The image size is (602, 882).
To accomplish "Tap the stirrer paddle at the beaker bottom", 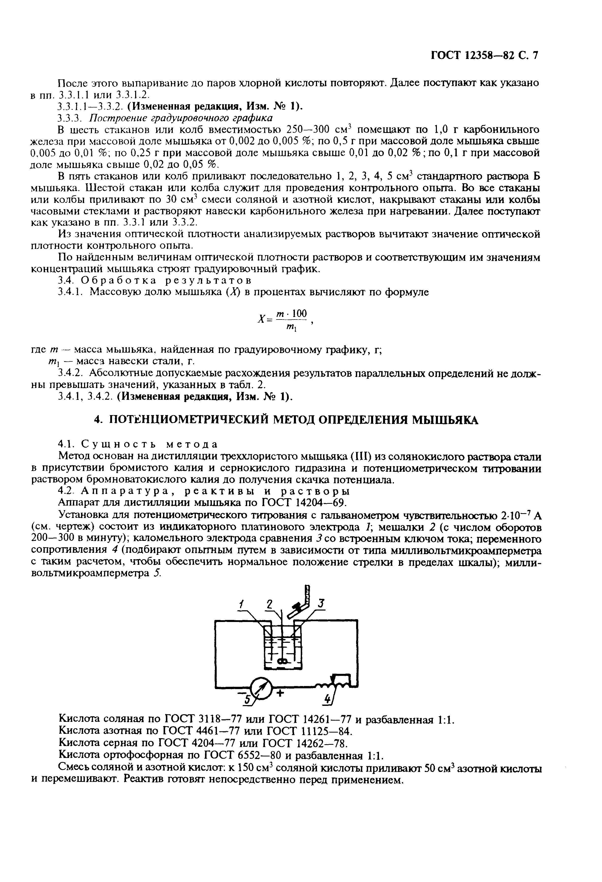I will tap(282, 661).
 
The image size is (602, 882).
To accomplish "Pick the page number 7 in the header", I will tap(535, 55).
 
